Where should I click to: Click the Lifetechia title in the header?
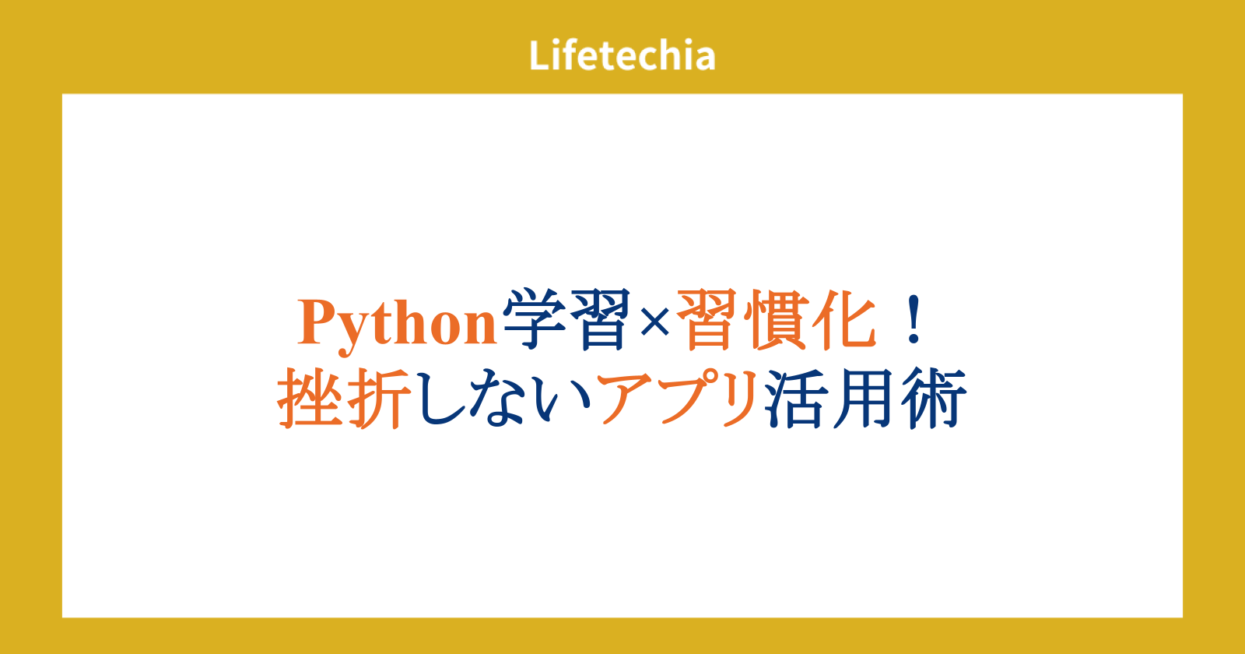pos(622,55)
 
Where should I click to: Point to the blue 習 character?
pos(601,319)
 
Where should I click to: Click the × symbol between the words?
pos(654,322)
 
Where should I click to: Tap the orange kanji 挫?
pos(310,398)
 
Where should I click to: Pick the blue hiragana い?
pos(563,400)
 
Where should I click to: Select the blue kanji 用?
pos(864,399)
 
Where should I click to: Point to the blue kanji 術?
pos(934,398)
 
